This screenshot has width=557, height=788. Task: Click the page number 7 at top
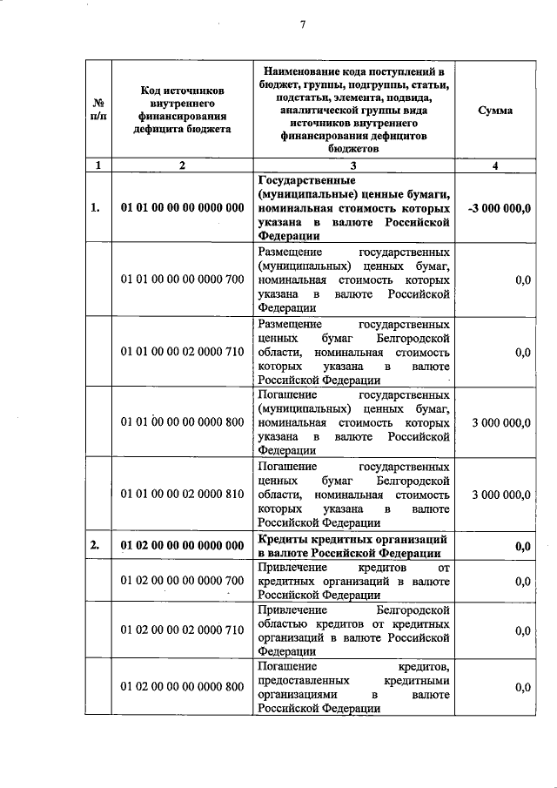pos(302,24)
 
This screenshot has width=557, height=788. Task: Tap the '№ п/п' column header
pos(97,111)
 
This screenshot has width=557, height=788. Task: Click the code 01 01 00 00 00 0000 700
pos(182,280)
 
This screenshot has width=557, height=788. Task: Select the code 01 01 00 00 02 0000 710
pos(182,352)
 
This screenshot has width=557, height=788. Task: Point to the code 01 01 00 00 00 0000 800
pos(182,422)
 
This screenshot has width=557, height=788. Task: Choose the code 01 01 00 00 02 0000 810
pos(182,494)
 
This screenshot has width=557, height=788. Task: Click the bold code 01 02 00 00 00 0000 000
pos(182,545)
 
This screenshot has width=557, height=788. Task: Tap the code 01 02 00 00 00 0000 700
pos(182,580)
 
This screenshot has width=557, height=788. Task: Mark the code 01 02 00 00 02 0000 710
pos(182,630)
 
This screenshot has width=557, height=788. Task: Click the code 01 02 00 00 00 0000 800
pos(182,687)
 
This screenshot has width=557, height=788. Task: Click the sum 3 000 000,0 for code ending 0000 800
pos(500,422)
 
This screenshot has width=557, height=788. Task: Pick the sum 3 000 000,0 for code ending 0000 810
pos(500,494)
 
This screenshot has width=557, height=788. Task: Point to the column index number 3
pos(353,165)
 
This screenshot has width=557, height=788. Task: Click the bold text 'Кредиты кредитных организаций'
pos(353,539)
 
